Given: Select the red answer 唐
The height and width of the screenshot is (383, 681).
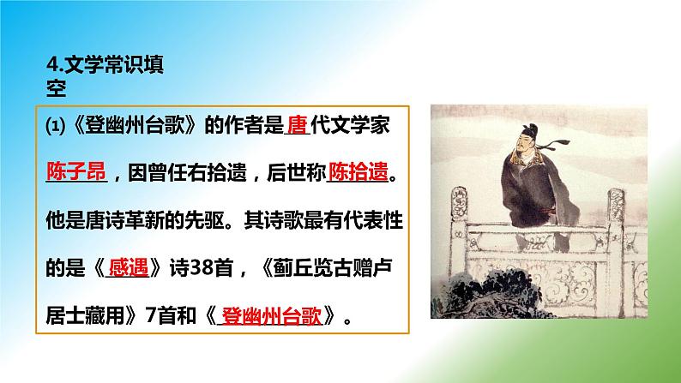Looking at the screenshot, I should (x=297, y=125).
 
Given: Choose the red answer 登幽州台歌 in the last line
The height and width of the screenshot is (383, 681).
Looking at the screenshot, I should (x=270, y=314).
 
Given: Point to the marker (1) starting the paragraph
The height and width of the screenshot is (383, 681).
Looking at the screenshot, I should (x=51, y=126).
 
